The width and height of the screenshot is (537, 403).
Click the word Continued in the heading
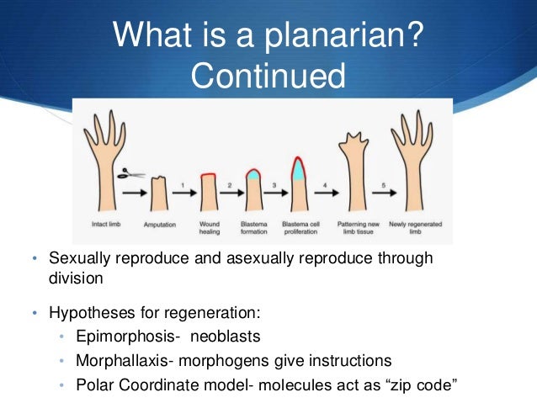click(268, 77)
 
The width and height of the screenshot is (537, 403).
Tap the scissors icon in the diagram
click(128, 174)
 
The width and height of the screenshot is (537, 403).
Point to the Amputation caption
click(159, 223)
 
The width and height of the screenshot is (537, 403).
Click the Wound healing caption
click(209, 227)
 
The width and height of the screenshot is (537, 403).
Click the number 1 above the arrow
click(183, 184)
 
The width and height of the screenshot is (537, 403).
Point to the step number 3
click(274, 184)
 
